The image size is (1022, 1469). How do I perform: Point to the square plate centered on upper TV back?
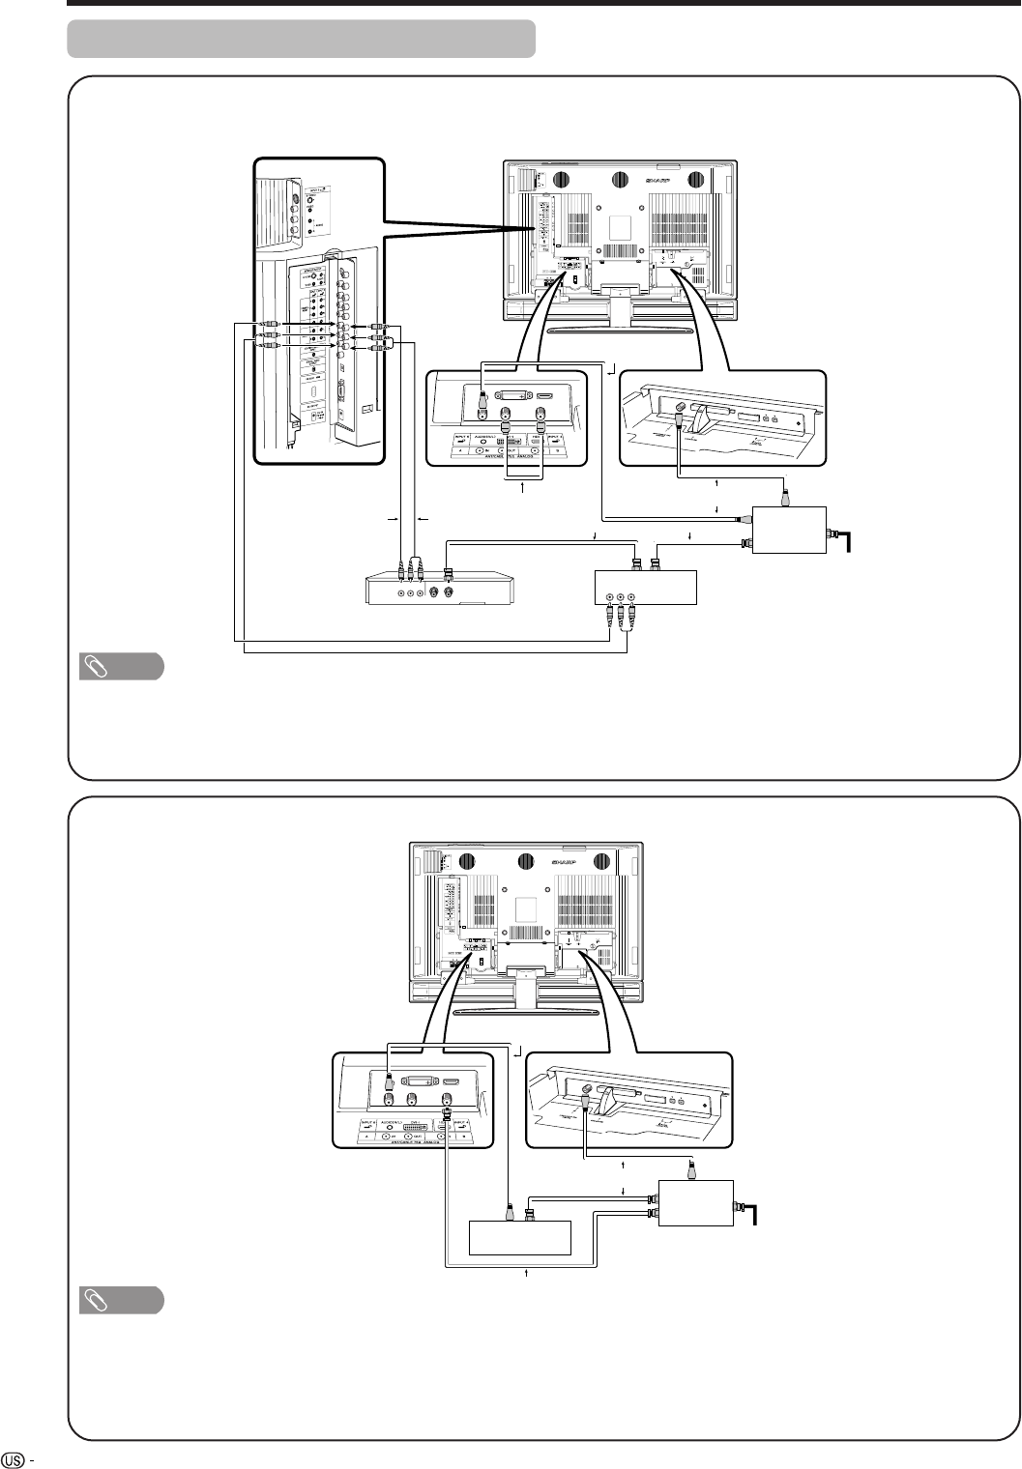point(622,224)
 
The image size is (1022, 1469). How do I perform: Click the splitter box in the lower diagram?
point(694,1201)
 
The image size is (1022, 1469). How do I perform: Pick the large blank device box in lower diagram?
point(518,1240)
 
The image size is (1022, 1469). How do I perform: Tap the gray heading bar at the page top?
point(301,39)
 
